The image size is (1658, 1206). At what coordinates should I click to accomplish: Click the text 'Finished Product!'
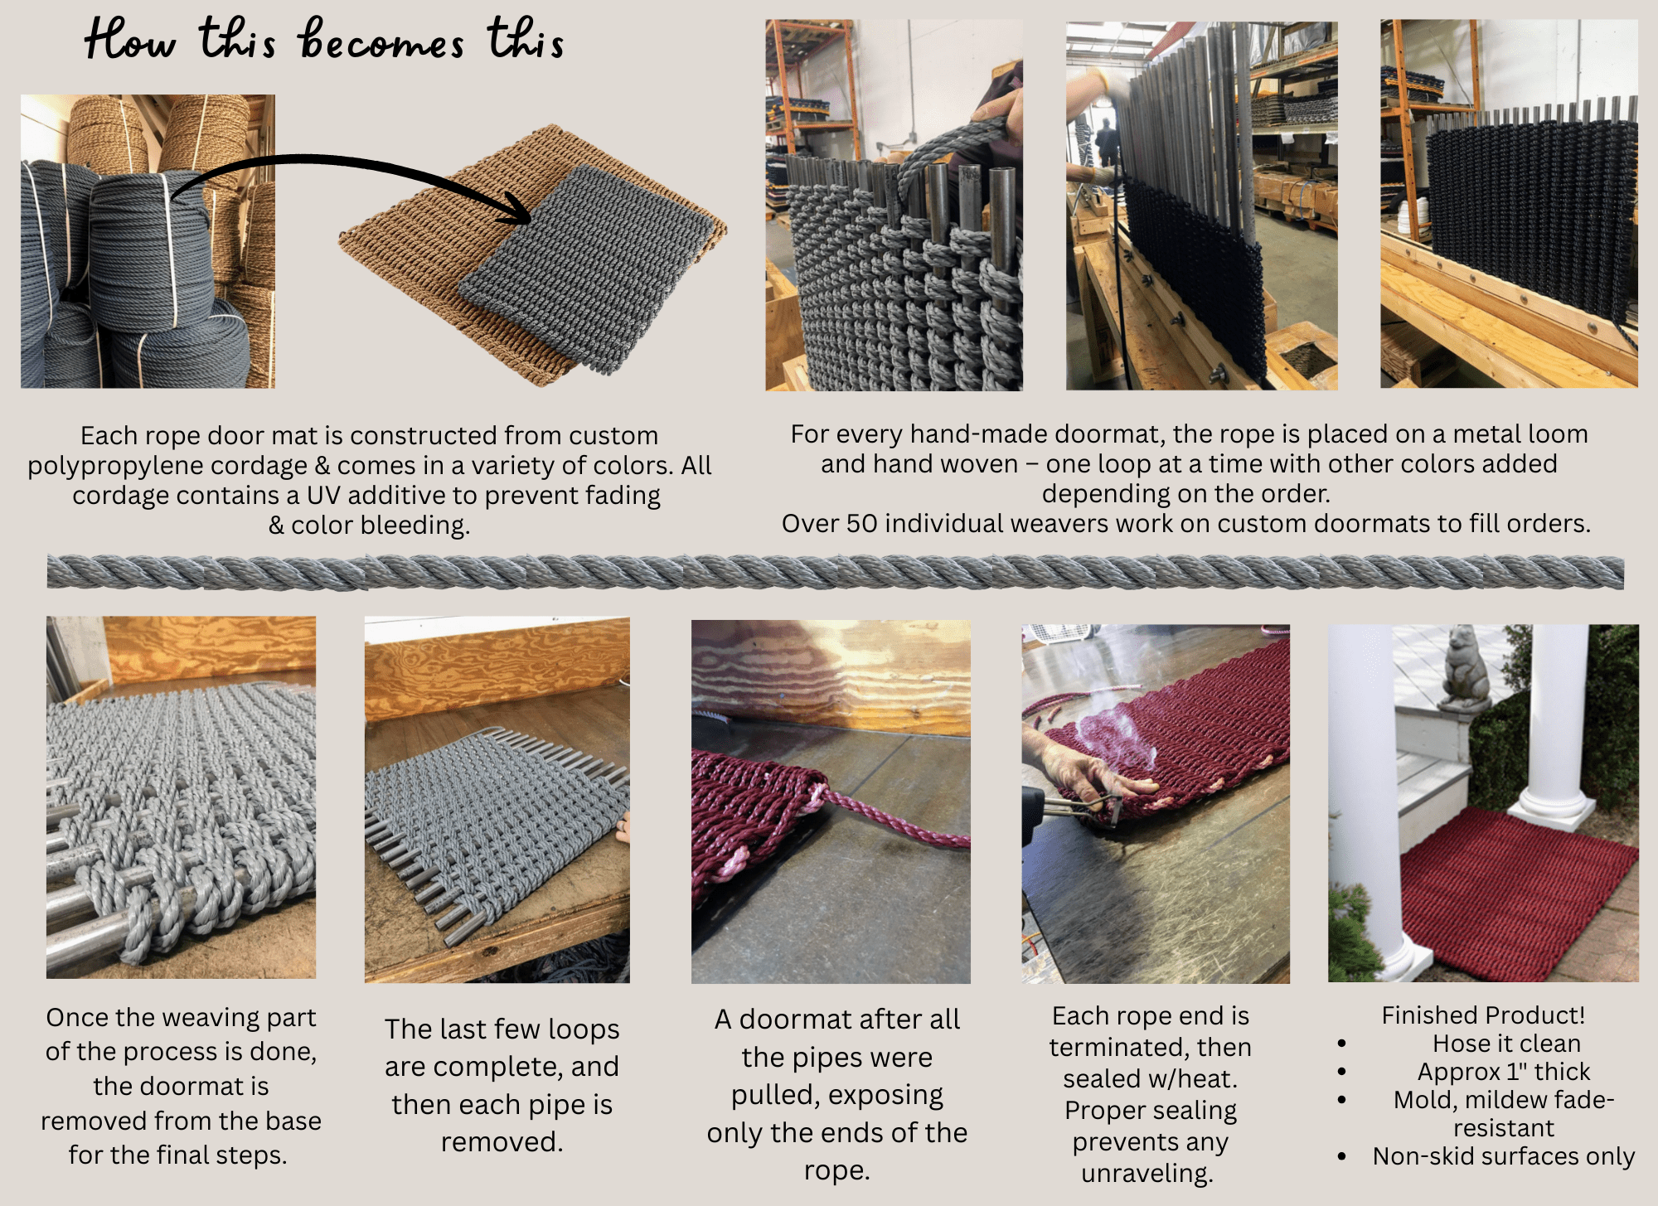[1483, 1015]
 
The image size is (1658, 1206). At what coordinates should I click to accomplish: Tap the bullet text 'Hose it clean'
[1506, 1043]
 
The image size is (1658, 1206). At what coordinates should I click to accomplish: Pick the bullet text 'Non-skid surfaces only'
[1504, 1155]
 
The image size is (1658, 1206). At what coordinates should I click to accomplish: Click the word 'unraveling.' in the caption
[1147, 1173]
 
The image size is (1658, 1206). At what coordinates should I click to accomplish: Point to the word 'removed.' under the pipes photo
[502, 1141]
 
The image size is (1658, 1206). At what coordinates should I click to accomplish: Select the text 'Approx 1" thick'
[1504, 1071]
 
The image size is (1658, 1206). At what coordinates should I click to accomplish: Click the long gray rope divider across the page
[835, 572]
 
